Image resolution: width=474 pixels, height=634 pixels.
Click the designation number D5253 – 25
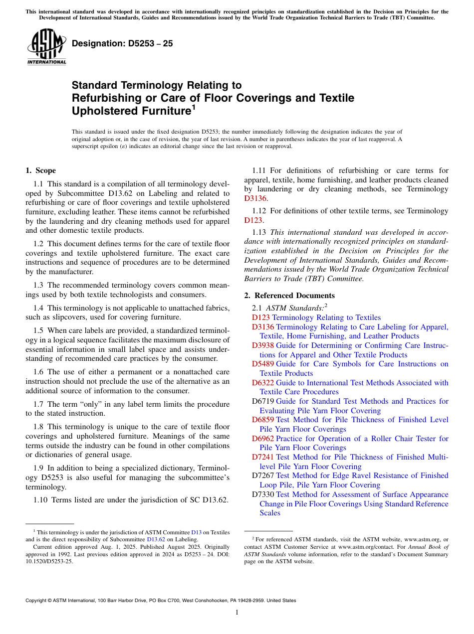[x=122, y=44]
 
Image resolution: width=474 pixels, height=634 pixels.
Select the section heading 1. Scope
[x=40, y=170]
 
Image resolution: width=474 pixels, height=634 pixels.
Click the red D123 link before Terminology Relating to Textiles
[x=261, y=317]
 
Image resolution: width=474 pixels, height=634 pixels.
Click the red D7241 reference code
[x=263, y=457]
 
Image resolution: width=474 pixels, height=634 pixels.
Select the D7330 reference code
[x=263, y=494]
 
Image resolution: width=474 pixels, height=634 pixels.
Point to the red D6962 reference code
[x=263, y=439]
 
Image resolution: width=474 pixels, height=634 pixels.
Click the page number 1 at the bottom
[x=237, y=612]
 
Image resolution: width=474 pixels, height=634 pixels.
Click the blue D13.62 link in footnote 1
[x=156, y=539]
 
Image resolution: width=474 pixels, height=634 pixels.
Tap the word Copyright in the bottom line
[x=37, y=601]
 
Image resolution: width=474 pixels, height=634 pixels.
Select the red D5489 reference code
[x=263, y=364]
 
